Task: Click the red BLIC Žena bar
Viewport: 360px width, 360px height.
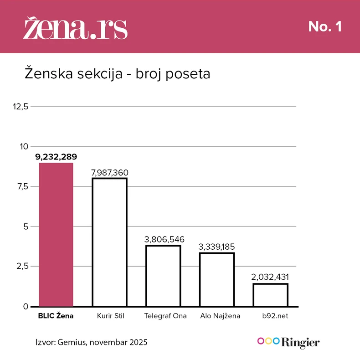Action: pyautogui.click(x=56, y=234)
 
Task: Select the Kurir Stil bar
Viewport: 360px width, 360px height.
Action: pyautogui.click(x=109, y=242)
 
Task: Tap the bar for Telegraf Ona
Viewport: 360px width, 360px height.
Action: pyautogui.click(x=163, y=276)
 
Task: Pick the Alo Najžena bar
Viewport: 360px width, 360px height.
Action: pyautogui.click(x=217, y=279)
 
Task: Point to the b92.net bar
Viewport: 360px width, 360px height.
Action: pyautogui.click(x=270, y=295)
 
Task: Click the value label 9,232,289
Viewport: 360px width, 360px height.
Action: pyautogui.click(x=56, y=157)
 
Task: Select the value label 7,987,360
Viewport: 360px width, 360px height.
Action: pyautogui.click(x=109, y=173)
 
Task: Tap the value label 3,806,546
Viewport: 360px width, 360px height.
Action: pyautogui.click(x=163, y=240)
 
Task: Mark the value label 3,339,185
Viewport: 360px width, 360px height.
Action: pyautogui.click(x=217, y=247)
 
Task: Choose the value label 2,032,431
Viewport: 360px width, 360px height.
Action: pyautogui.click(x=270, y=277)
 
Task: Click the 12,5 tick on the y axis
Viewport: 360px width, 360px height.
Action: pyautogui.click(x=21, y=107)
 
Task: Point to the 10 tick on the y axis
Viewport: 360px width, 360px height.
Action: pyautogui.click(x=23, y=146)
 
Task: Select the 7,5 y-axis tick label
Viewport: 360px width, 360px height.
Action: pyautogui.click(x=22, y=186)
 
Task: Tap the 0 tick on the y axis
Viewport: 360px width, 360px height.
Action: pyautogui.click(x=26, y=306)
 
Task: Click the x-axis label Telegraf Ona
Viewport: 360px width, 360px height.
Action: pyautogui.click(x=165, y=316)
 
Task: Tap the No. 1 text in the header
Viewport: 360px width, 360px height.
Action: pyautogui.click(x=325, y=27)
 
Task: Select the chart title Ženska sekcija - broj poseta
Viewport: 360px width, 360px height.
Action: pyautogui.click(x=117, y=74)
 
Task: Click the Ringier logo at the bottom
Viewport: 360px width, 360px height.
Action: pyautogui.click(x=288, y=342)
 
